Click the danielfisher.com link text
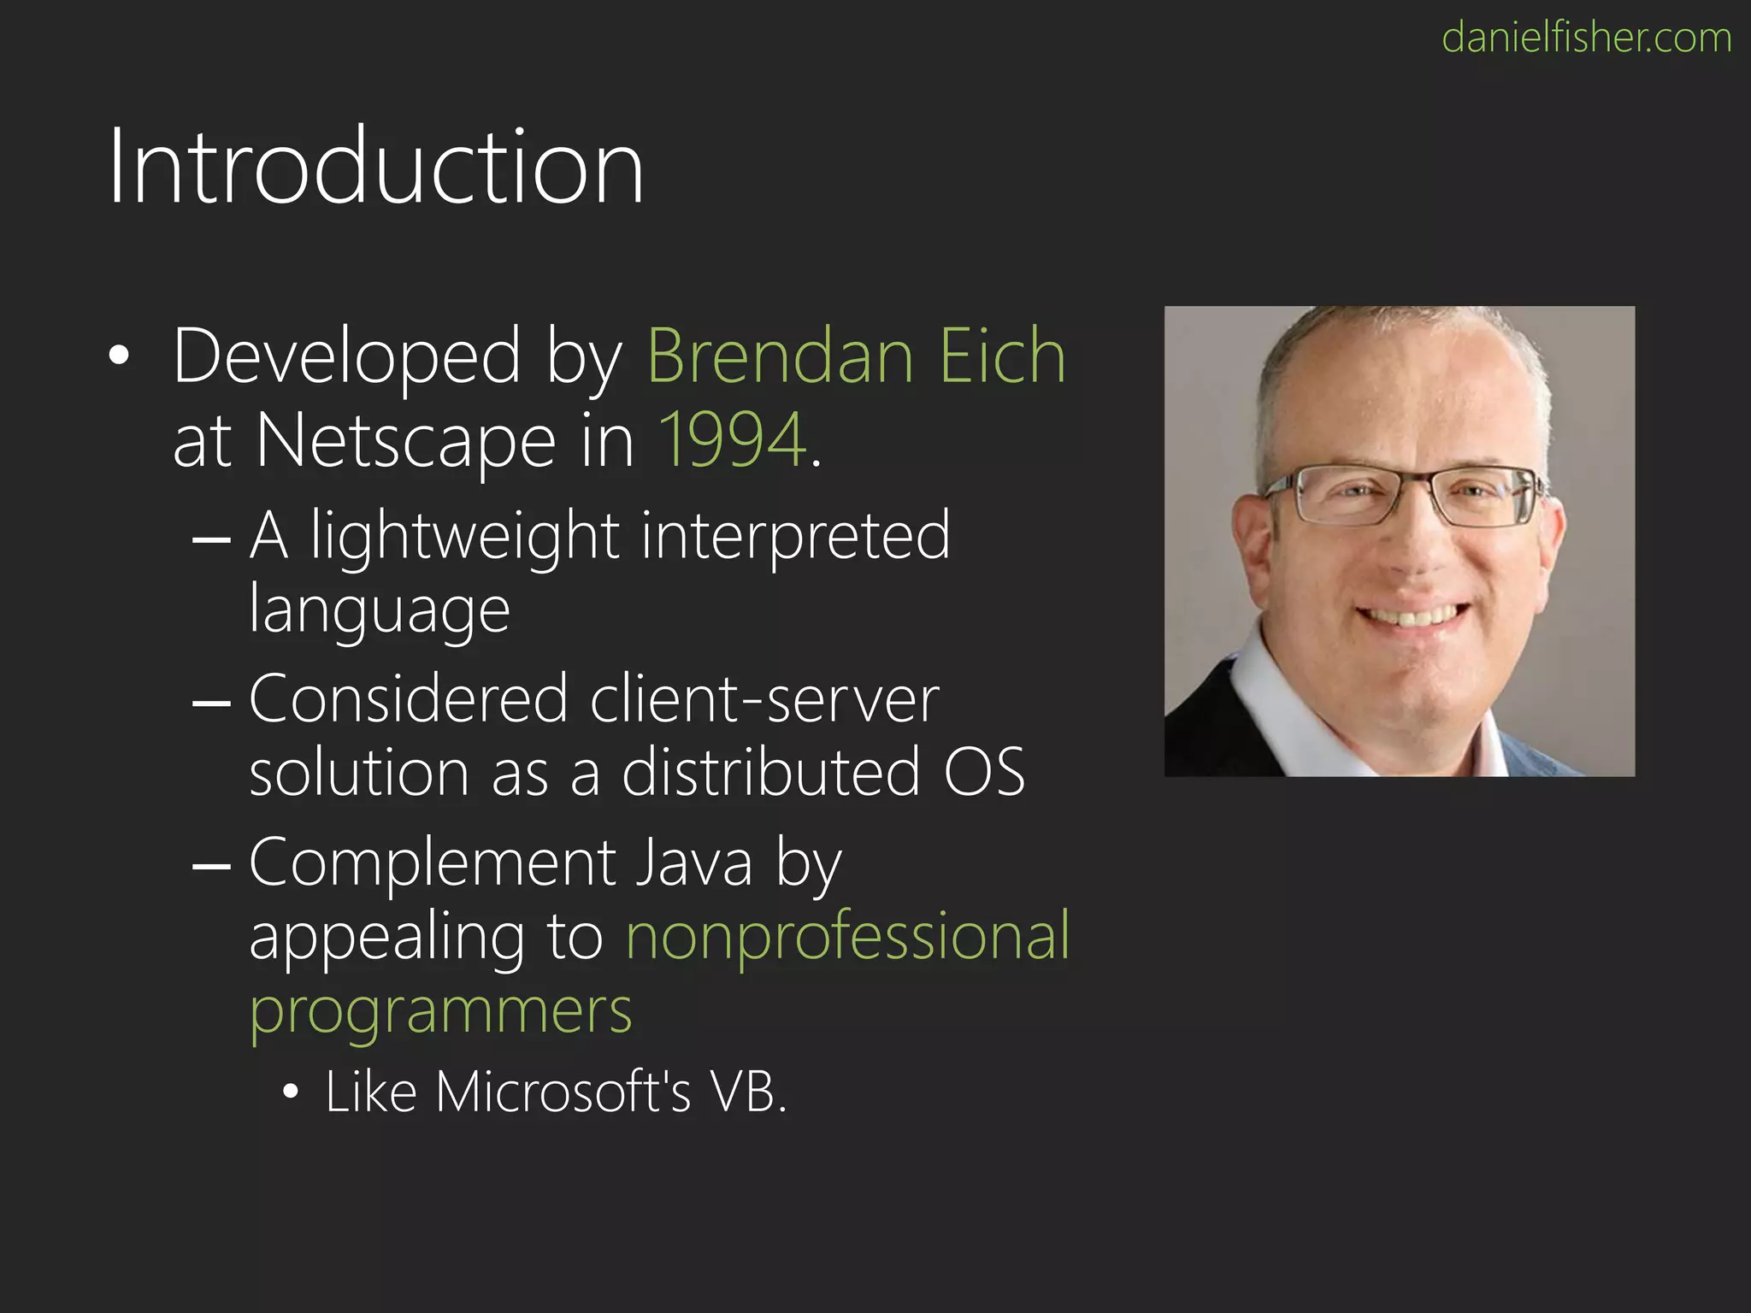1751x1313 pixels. click(1586, 38)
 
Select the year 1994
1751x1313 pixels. click(733, 440)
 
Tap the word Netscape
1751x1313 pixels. click(406, 441)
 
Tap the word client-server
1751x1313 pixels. click(764, 699)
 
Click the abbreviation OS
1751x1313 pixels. click(984, 773)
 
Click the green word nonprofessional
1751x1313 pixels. click(847, 936)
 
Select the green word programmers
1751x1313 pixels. click(440, 1011)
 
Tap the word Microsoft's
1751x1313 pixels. click(563, 1092)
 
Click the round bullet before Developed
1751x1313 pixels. click(119, 356)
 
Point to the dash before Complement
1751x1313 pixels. click(211, 866)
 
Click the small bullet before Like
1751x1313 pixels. click(291, 1092)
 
